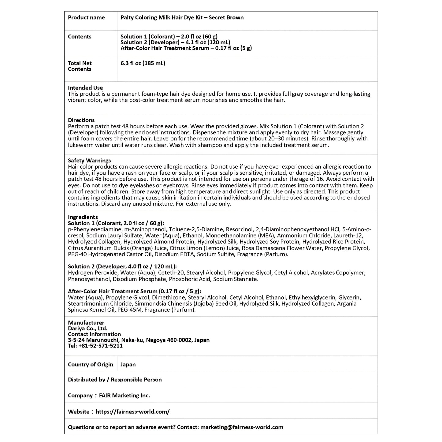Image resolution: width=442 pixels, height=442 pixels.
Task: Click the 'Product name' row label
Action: (x=86, y=17)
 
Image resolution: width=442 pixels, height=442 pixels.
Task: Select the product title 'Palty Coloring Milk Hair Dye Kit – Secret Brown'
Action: (x=182, y=17)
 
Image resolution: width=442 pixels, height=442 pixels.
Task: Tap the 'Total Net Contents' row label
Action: (x=80, y=66)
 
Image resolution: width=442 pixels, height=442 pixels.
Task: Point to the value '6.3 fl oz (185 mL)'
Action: (x=143, y=63)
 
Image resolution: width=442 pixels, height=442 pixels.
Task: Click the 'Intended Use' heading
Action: (x=85, y=88)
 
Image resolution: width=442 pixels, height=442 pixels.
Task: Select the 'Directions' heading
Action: (x=81, y=120)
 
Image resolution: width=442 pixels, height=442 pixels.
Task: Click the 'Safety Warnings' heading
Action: (x=89, y=161)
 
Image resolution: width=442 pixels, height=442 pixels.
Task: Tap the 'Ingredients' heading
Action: (x=83, y=217)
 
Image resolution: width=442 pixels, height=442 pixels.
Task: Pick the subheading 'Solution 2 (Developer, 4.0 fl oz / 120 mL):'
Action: (x=122, y=266)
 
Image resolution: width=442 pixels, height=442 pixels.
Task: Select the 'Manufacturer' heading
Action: (x=86, y=323)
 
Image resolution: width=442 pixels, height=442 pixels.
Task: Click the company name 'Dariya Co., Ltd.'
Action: (x=88, y=329)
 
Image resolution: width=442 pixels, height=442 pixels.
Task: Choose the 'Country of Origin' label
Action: (x=91, y=365)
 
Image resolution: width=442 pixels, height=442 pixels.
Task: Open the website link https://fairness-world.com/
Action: (x=132, y=412)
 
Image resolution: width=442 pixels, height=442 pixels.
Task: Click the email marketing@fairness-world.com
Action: (x=242, y=427)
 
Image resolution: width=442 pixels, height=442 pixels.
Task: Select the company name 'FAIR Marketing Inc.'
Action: (x=124, y=396)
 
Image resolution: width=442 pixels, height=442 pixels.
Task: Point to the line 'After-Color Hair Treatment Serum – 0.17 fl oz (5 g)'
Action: (x=186, y=48)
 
